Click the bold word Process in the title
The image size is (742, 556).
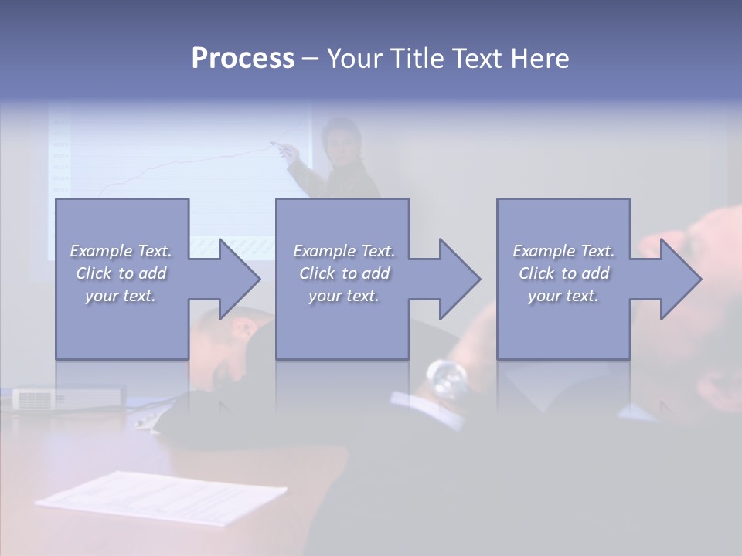pos(243,59)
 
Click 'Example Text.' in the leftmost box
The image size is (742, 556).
pos(121,251)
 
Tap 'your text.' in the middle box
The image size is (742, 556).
pos(344,296)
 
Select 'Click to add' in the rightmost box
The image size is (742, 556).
pos(564,273)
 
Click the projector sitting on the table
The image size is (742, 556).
pos(68,398)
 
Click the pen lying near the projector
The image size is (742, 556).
pos(147,420)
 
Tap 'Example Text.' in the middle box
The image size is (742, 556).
pos(344,251)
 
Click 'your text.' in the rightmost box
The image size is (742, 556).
pos(563,296)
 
